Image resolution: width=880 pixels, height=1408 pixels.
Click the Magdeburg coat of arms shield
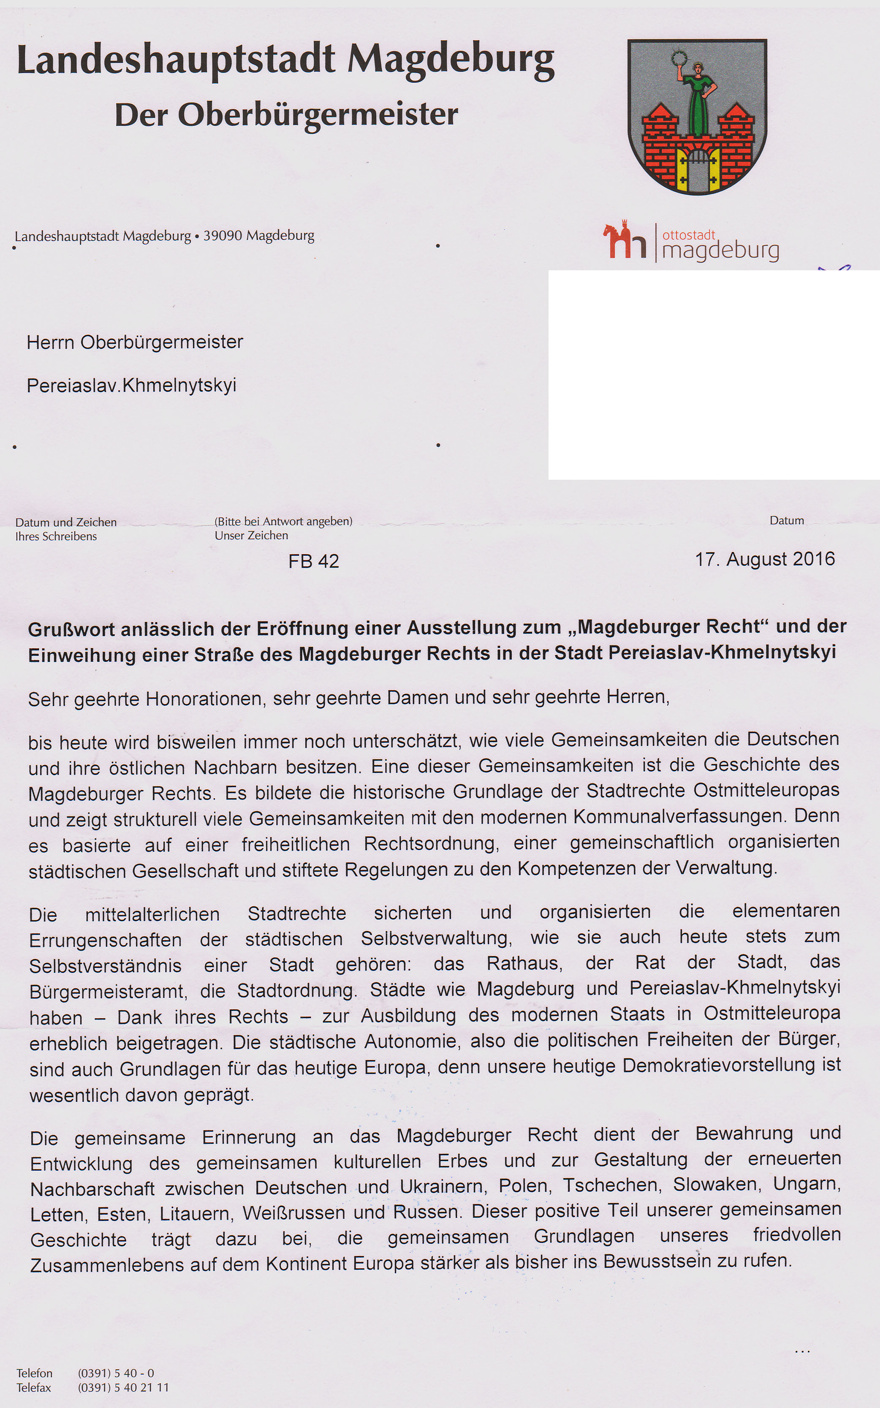click(697, 117)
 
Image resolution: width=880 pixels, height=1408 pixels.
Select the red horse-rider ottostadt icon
click(625, 240)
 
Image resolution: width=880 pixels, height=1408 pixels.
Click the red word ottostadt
click(689, 235)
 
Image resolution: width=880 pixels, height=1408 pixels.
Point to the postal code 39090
click(223, 236)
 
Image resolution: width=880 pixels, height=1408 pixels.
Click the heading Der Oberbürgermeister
click(286, 115)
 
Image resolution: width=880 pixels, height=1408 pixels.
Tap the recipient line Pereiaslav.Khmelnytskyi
click(131, 385)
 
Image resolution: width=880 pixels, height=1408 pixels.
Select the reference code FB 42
click(313, 561)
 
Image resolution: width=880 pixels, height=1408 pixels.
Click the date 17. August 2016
click(765, 560)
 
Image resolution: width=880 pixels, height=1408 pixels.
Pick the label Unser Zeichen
click(251, 535)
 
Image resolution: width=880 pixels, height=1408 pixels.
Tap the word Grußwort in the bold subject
click(68, 629)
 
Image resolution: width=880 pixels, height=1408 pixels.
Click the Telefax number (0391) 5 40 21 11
click(123, 1388)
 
